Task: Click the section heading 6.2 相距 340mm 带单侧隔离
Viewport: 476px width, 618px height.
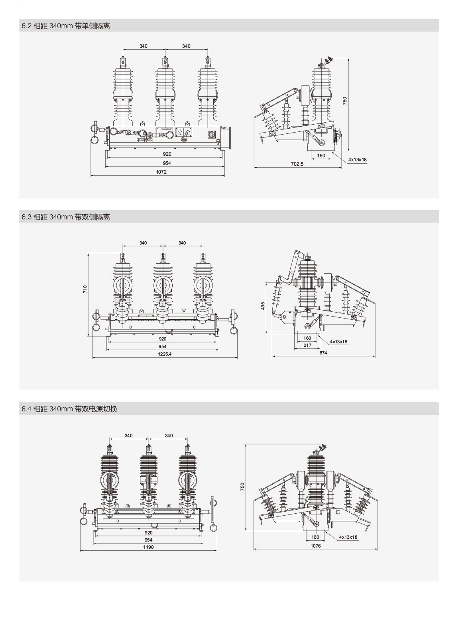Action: coord(66,26)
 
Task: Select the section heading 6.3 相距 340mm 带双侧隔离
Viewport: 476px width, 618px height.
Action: coord(66,217)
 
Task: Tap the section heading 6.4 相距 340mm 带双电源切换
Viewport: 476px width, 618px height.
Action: coord(69,409)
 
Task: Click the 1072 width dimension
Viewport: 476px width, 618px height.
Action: coord(161,172)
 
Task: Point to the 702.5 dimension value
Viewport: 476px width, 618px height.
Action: coord(297,164)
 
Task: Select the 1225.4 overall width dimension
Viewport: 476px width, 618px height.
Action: coord(164,354)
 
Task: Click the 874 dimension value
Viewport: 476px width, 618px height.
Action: coord(323,353)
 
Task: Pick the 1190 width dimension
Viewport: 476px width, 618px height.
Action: coord(148,547)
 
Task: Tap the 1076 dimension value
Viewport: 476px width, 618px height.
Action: coord(315,546)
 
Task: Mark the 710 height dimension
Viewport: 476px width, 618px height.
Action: coord(85,289)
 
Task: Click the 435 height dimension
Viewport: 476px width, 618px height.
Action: coord(263,306)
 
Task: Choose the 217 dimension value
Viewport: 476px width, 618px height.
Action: coord(307,345)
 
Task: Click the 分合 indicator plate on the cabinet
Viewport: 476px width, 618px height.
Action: coord(184,132)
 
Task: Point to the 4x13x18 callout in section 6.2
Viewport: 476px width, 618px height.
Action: coord(357,160)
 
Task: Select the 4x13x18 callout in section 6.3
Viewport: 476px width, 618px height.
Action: coord(338,342)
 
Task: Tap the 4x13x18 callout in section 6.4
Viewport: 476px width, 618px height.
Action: coord(348,537)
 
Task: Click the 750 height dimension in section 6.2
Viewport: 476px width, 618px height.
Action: coord(345,101)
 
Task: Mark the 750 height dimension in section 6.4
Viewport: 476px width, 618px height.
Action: coord(243,487)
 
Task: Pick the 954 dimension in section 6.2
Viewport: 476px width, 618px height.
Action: coord(167,163)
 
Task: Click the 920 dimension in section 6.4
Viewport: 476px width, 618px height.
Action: coord(148,533)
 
